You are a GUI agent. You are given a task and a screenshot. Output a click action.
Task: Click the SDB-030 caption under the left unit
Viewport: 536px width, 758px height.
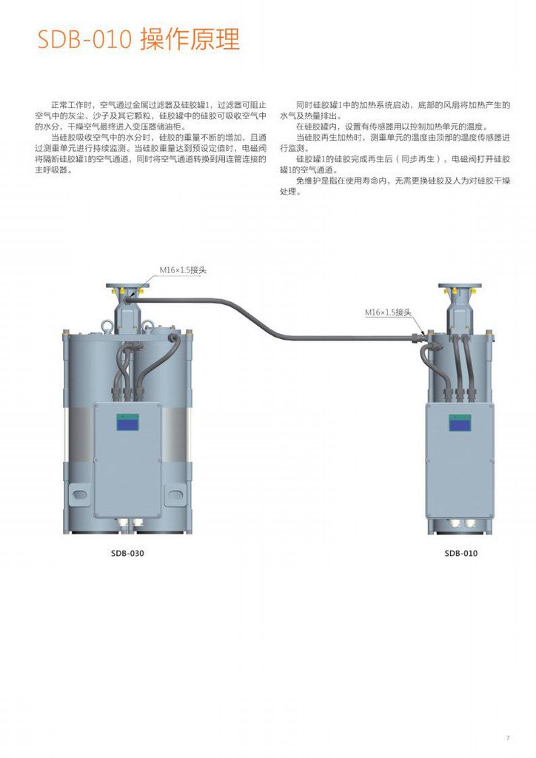point(127,553)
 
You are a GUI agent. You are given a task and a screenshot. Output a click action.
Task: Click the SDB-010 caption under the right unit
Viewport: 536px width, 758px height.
point(460,553)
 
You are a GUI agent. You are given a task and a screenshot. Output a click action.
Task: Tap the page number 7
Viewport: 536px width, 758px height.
point(508,737)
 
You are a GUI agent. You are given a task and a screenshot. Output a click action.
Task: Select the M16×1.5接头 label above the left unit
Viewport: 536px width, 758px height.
point(183,270)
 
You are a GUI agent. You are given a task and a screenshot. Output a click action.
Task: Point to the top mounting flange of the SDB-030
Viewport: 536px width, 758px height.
point(127,285)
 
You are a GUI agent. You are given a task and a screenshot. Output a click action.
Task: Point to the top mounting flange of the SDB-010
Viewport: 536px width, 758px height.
point(460,286)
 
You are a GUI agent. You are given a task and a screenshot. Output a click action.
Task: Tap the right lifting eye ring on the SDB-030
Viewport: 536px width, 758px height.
point(147,323)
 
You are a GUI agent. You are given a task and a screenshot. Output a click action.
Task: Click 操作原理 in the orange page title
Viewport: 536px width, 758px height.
point(190,39)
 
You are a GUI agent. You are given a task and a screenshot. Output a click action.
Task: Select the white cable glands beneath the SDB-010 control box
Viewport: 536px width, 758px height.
point(460,526)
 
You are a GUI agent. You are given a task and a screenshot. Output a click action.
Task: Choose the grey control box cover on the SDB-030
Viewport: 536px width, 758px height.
point(127,459)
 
